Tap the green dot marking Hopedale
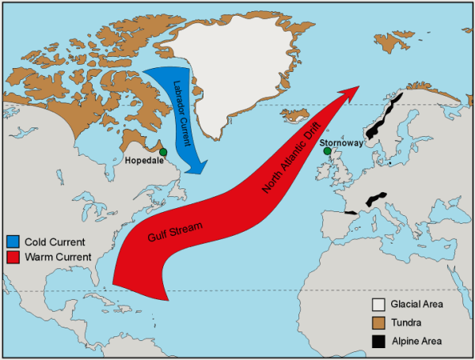[x=163, y=152]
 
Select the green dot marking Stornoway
[x=328, y=151]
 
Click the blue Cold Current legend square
[x=12, y=241]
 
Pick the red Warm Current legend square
[x=12, y=256]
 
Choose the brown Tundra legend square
[x=379, y=322]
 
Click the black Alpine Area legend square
[x=379, y=341]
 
